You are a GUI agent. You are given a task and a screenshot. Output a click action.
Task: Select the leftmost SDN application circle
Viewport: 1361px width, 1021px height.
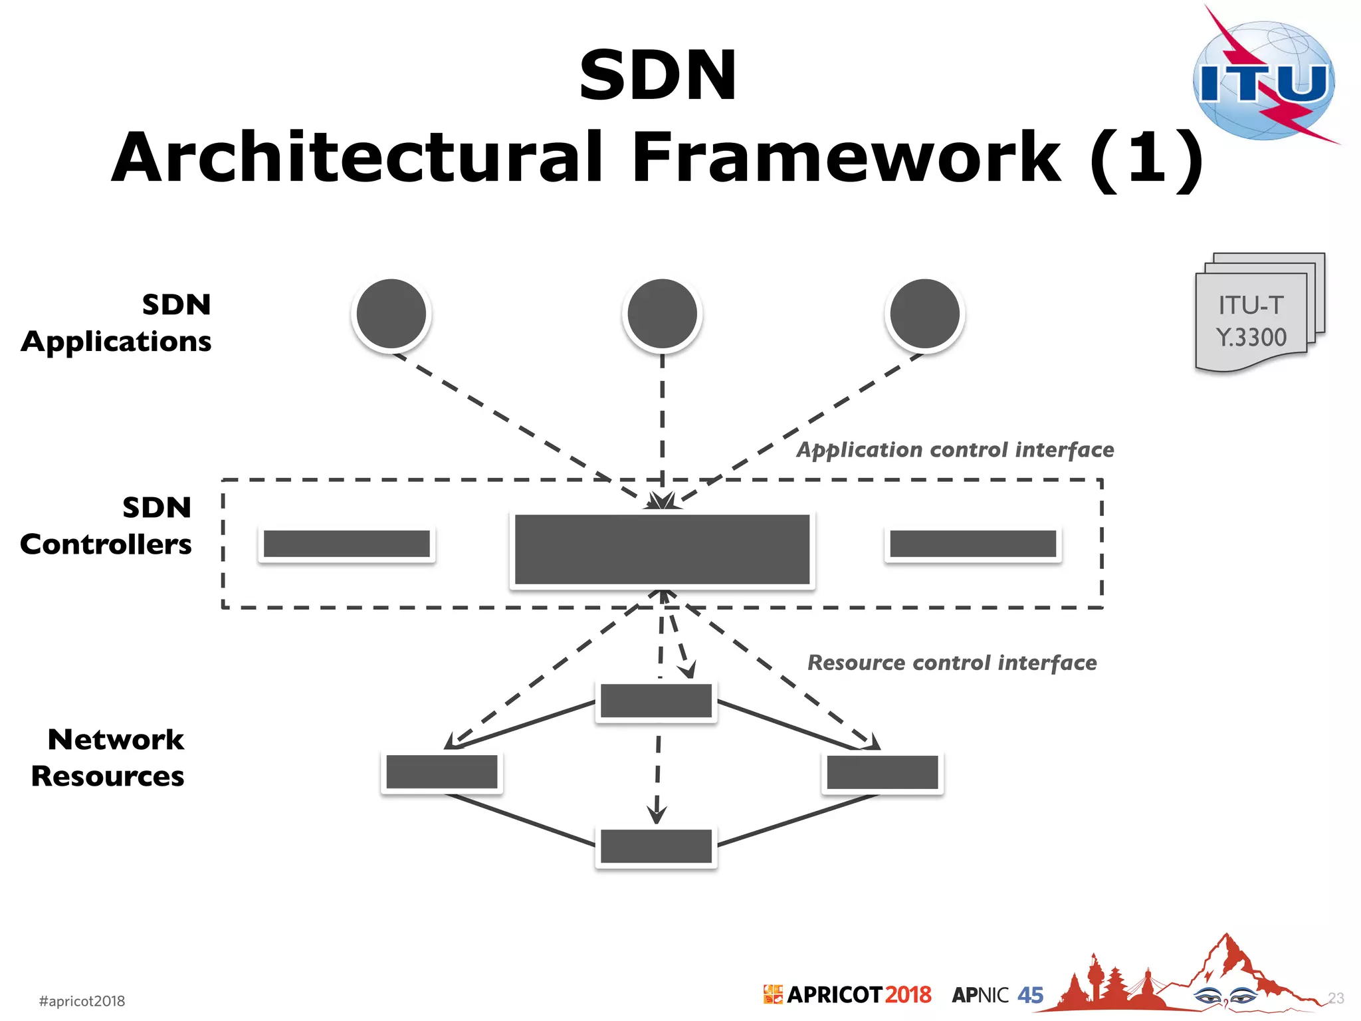(x=391, y=314)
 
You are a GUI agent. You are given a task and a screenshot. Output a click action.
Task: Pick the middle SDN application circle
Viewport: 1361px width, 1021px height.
(x=663, y=314)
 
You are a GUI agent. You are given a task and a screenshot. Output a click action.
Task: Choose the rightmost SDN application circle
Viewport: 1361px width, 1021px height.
(x=924, y=314)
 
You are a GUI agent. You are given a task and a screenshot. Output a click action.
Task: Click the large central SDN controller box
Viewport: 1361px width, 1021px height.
(x=663, y=550)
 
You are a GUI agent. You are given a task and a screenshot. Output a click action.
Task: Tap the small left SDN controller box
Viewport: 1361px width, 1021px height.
(x=347, y=544)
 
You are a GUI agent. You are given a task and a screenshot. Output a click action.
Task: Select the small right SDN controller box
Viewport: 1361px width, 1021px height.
(x=973, y=544)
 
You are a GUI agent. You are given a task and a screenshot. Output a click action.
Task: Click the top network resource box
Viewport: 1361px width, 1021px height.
(x=656, y=701)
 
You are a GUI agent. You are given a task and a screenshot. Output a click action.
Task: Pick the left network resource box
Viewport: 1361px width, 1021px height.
(x=442, y=772)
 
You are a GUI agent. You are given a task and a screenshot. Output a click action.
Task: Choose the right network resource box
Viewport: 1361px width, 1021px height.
(x=883, y=772)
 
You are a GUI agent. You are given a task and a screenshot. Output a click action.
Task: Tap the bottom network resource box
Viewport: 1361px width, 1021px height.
(x=656, y=846)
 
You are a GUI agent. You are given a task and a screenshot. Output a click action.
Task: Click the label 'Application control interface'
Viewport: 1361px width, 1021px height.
(x=955, y=450)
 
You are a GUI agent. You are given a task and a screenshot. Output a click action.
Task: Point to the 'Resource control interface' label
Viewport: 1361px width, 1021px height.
(x=952, y=663)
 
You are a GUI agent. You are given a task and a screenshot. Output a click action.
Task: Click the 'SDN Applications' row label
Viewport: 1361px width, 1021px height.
(x=117, y=323)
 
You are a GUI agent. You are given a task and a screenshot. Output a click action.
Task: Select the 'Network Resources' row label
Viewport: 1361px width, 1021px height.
(x=108, y=758)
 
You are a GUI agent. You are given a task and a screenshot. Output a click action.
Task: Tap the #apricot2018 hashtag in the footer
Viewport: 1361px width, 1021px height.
(x=82, y=1001)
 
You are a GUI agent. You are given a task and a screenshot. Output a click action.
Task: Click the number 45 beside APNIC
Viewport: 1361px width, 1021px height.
(x=1030, y=995)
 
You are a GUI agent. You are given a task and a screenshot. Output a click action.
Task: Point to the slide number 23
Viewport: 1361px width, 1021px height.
(x=1336, y=998)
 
